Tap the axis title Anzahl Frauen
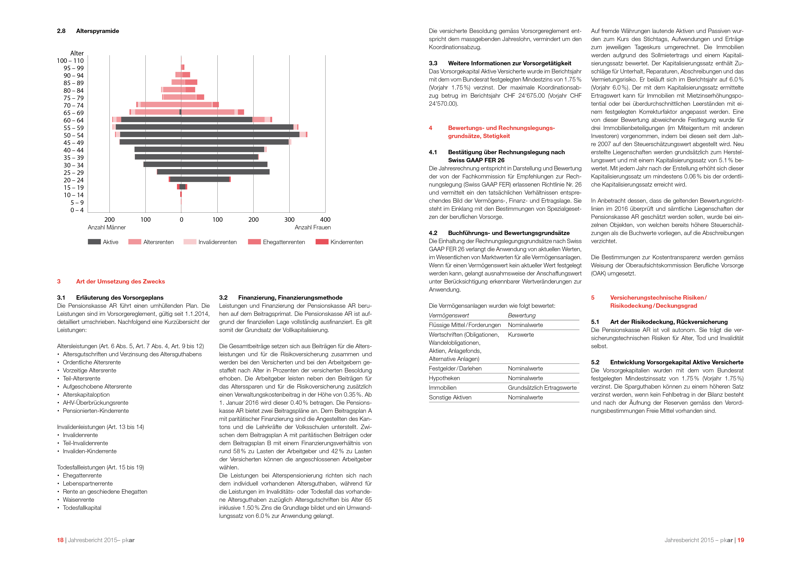[x=313, y=227]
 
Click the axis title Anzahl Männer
[x=107, y=227]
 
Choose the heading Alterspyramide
[x=97, y=31]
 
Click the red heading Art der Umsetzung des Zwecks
[x=120, y=281]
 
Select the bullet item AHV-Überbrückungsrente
[x=95, y=403]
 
